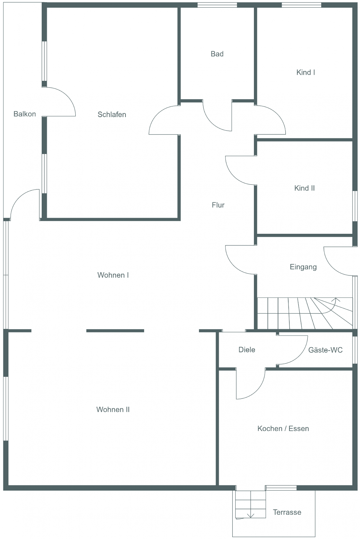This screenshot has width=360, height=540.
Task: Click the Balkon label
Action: point(25,114)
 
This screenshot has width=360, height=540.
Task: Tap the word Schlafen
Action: point(112,114)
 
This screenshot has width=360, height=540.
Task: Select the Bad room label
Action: point(217,54)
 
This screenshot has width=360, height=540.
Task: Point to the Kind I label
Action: point(306,72)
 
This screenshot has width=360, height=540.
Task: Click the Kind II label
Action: point(304,188)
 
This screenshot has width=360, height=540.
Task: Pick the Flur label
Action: point(218,205)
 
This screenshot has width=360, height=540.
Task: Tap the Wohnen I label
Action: point(113,275)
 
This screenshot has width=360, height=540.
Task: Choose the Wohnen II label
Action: point(113,410)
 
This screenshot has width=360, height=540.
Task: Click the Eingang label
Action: point(303,267)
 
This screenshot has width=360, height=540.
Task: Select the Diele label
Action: point(247,350)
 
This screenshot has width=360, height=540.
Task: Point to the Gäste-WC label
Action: point(326,350)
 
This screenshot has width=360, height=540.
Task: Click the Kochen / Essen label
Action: point(283,429)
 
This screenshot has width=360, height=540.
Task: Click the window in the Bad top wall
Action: point(217,5)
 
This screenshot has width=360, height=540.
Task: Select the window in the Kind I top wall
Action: point(301,5)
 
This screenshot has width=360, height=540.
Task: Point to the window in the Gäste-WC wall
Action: point(355,350)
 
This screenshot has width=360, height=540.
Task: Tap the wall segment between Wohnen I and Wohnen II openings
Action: point(115,331)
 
